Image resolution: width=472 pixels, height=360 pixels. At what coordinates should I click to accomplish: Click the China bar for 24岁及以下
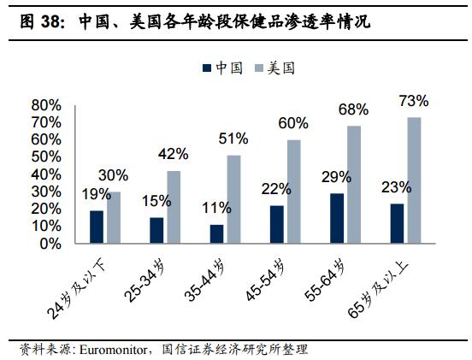[x=97, y=227]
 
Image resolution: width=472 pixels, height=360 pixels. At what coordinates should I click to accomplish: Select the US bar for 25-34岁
[x=174, y=207]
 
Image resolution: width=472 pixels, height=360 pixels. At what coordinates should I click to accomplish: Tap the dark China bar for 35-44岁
[x=216, y=234]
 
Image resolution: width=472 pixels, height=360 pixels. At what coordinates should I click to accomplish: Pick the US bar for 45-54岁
[x=293, y=192]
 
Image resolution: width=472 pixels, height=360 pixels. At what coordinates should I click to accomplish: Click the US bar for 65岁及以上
[x=413, y=180]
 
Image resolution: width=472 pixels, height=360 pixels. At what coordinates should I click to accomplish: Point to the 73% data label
[x=414, y=101]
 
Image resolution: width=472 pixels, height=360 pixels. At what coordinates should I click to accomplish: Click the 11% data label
[x=216, y=209]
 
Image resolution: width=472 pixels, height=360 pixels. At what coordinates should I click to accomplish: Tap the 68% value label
[x=353, y=109]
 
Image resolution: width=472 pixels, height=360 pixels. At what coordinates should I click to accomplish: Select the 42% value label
[x=174, y=155]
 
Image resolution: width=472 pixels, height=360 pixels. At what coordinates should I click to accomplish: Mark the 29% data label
[x=336, y=177]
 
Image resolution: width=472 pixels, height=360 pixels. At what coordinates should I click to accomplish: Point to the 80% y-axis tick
[x=46, y=105]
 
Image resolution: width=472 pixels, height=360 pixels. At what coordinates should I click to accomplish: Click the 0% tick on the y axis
[x=50, y=244]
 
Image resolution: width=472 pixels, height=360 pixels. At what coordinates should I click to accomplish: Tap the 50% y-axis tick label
[x=46, y=157]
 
